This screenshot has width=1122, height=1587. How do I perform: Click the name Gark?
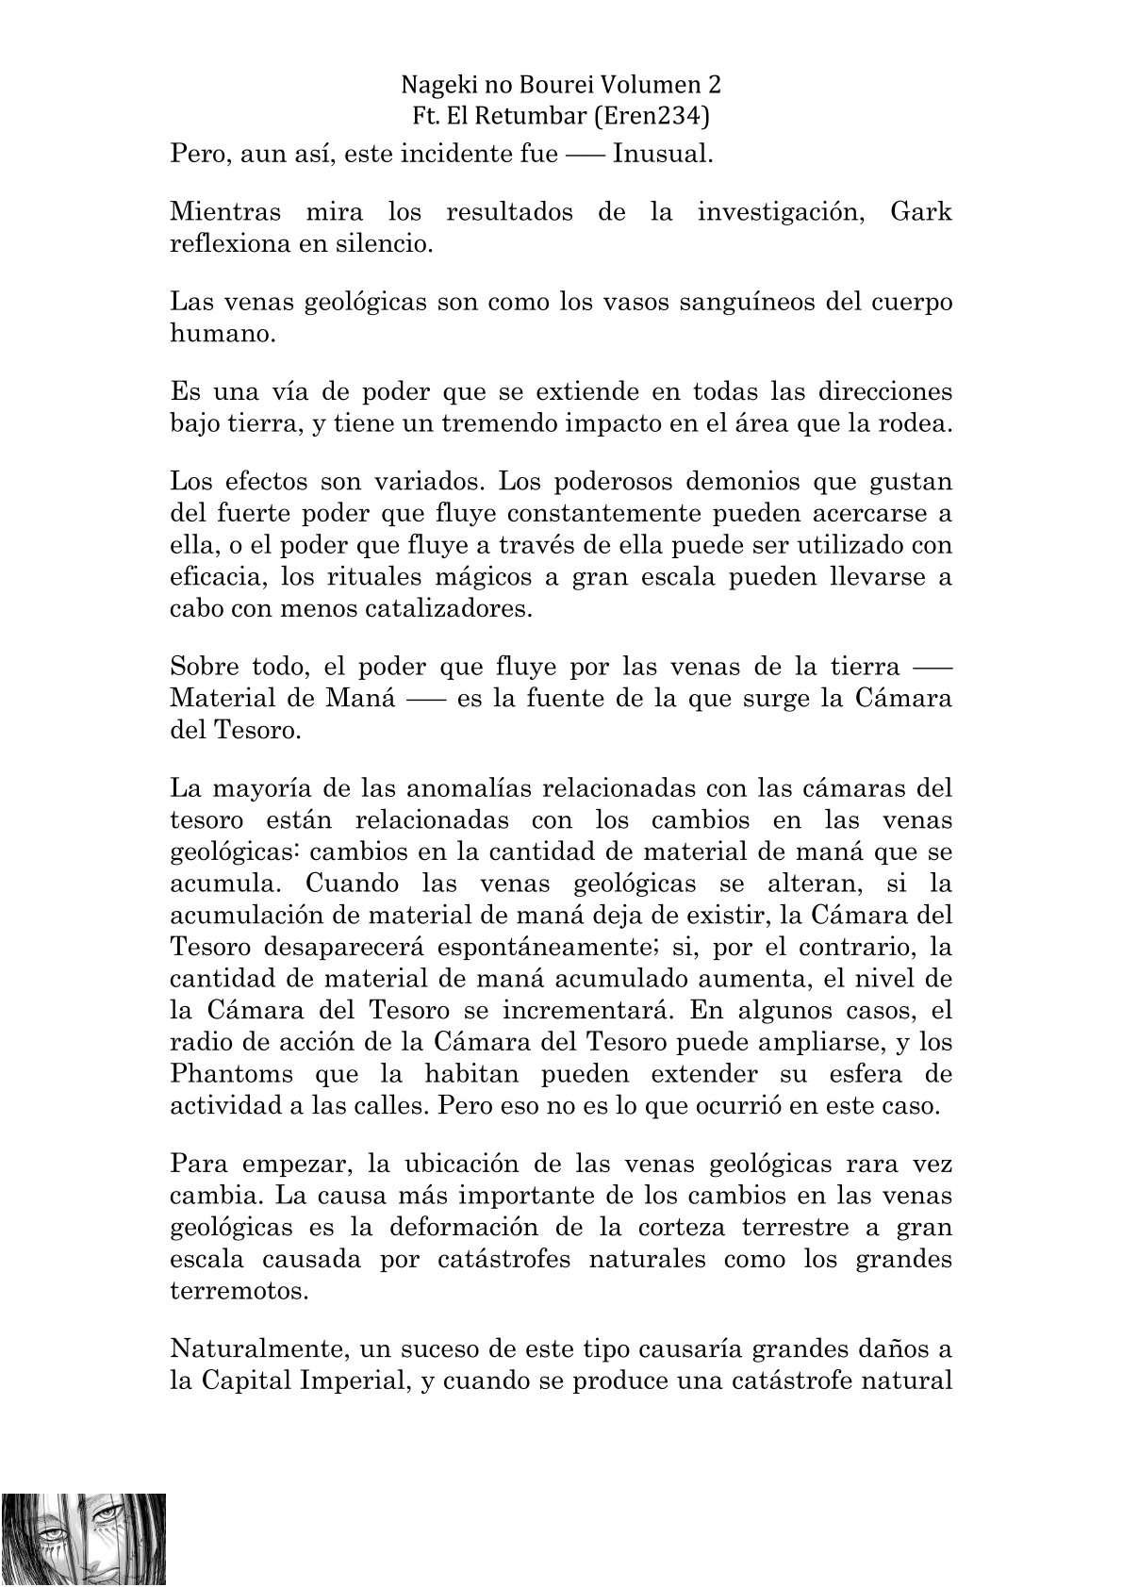[921, 211]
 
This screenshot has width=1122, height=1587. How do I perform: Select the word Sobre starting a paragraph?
[203, 667]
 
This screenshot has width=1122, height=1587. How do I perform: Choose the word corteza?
[674, 1227]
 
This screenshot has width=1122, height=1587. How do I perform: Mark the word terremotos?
[239, 1291]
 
